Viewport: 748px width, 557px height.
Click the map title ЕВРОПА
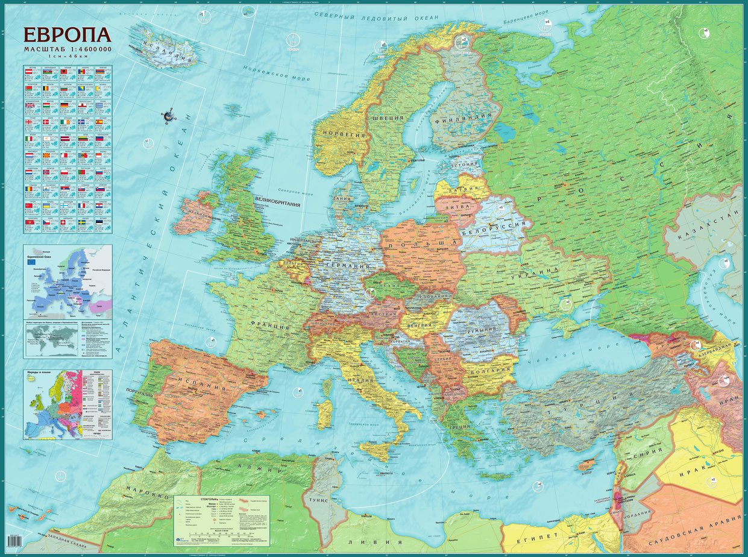coord(67,36)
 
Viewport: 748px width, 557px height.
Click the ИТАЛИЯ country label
coord(359,380)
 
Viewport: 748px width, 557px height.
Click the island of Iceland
coord(165,46)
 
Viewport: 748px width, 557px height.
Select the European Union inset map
coord(68,281)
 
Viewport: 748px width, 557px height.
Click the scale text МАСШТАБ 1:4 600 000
coord(67,48)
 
